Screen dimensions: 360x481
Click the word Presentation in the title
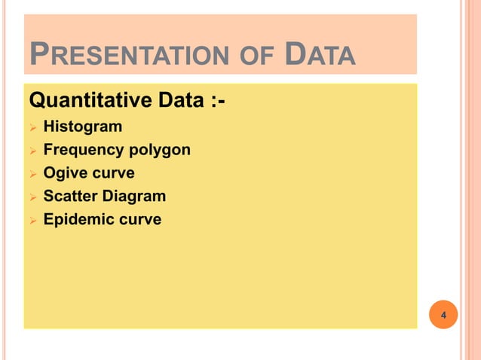click(x=118, y=55)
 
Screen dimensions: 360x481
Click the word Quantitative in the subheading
click(x=84, y=99)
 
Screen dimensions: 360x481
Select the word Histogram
click(x=82, y=127)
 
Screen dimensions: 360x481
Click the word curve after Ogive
click(x=113, y=173)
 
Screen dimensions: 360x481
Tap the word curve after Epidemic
click(x=138, y=220)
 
